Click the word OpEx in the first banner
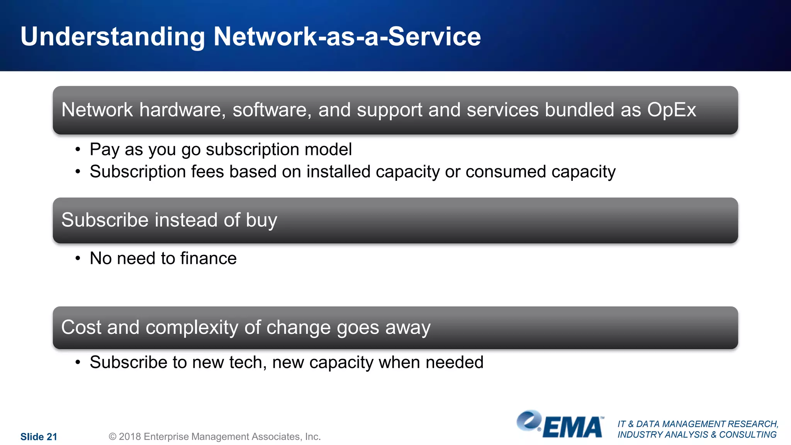[671, 110]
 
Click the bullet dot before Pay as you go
[78, 149]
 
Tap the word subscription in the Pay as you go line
[252, 150]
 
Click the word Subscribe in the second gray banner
[105, 220]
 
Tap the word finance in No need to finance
[208, 258]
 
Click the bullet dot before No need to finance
[78, 258]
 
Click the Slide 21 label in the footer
[39, 437]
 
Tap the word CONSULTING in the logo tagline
[747, 435]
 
